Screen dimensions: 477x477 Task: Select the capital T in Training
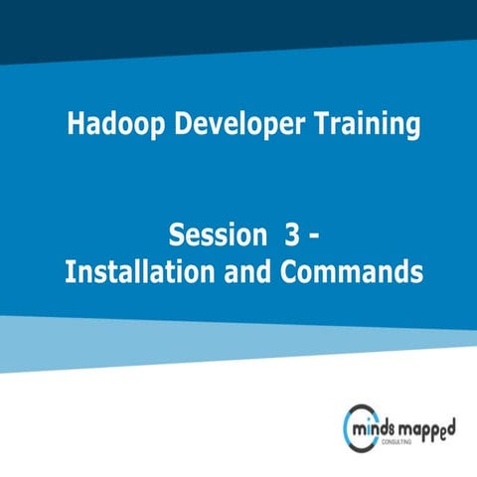pos(312,125)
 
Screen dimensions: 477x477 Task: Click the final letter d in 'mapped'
pos(454,423)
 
